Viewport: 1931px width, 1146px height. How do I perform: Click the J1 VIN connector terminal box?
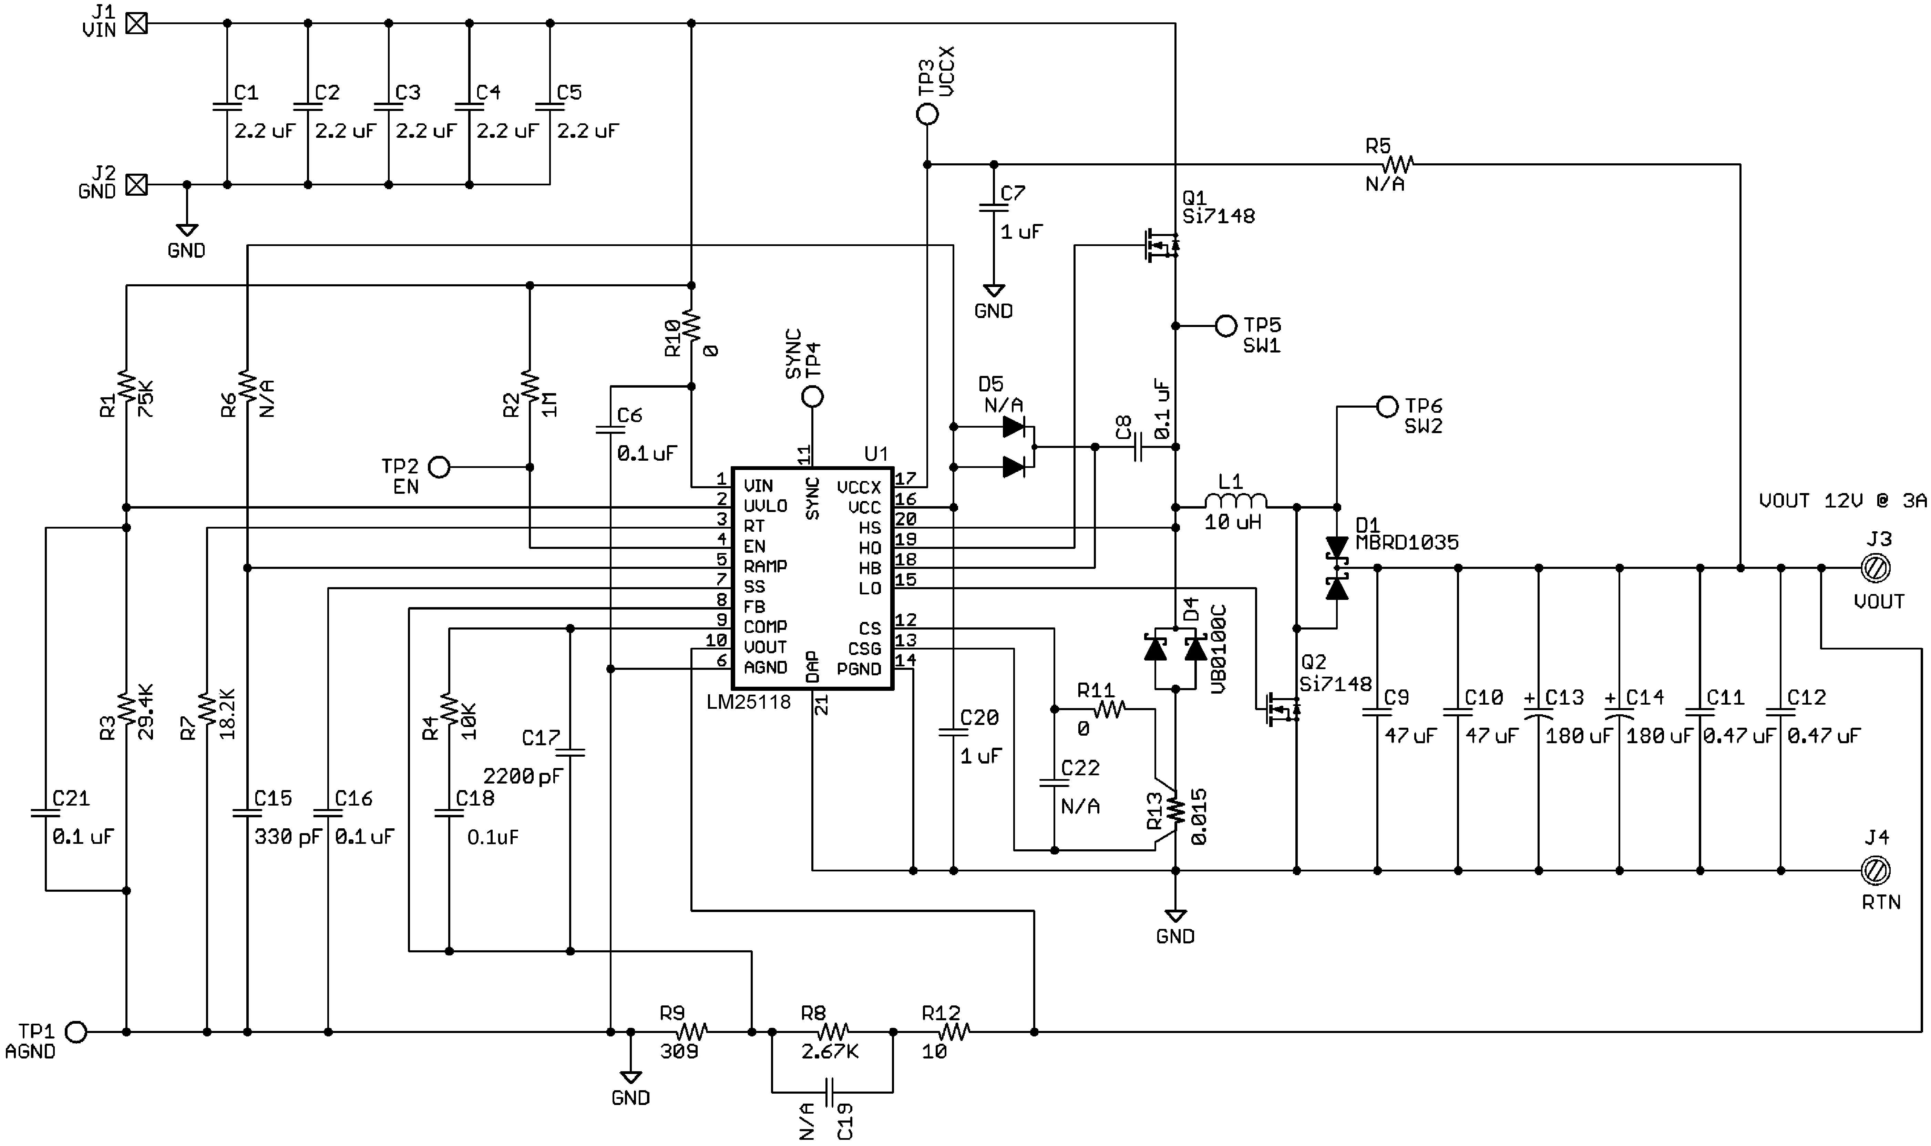[x=137, y=24]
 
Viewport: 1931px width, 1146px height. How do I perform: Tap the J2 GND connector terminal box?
[x=137, y=185]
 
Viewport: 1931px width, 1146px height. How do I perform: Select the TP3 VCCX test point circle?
[x=927, y=114]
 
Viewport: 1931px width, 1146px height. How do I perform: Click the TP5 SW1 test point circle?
[x=1226, y=326]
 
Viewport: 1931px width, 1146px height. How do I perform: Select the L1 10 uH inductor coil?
[x=1235, y=502]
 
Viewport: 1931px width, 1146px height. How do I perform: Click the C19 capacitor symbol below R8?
[x=832, y=1092]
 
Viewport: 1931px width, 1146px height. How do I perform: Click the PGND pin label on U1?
[x=859, y=669]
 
